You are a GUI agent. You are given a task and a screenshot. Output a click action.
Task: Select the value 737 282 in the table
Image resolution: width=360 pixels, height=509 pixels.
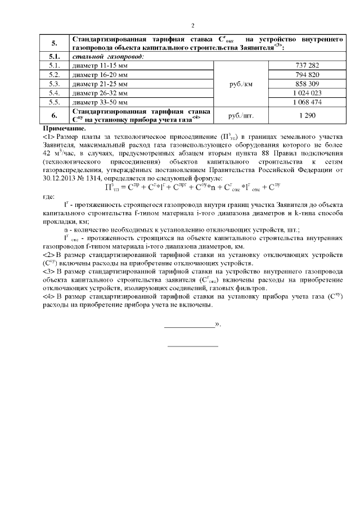[x=307, y=66]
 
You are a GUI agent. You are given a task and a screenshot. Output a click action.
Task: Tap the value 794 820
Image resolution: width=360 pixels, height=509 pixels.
[x=307, y=75]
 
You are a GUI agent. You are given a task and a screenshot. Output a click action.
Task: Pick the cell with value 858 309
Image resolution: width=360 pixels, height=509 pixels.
[x=307, y=83]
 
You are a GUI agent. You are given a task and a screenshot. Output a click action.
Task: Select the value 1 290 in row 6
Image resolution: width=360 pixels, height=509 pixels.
[x=307, y=115]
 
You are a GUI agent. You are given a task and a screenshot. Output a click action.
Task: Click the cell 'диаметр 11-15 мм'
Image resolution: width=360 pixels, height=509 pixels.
[x=101, y=66]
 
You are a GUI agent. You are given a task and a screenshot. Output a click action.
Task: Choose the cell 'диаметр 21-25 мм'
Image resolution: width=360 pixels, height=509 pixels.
[x=101, y=83]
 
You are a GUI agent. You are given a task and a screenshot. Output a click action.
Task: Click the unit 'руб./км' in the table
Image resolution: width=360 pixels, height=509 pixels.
[x=241, y=83]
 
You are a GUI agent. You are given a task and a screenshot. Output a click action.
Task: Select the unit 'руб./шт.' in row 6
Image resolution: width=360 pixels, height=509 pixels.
[x=241, y=115]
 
